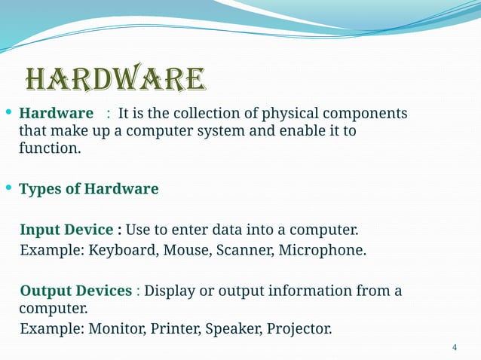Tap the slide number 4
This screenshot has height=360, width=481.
coord(454,347)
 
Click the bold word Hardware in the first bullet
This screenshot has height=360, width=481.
coord(56,114)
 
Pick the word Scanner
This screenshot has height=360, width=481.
coord(244,250)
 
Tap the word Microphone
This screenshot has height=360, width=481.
coord(322,250)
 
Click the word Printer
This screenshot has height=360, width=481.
coord(171,329)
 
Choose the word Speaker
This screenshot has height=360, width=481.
coord(231,329)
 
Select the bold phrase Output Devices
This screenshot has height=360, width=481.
coord(75,291)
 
